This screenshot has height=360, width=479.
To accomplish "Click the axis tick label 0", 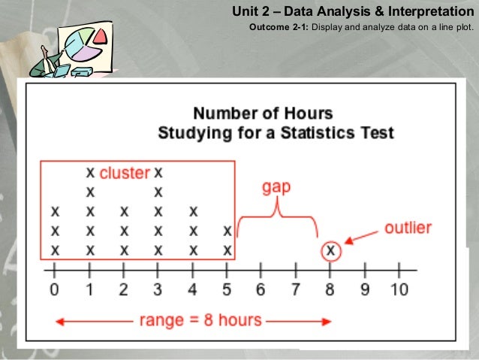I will [x=54, y=289].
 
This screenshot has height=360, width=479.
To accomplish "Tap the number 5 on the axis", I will [x=227, y=289].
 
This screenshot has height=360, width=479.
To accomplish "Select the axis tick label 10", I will [x=399, y=289].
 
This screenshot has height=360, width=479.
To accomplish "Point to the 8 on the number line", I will [x=330, y=289].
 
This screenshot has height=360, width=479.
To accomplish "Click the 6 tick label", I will [x=261, y=289].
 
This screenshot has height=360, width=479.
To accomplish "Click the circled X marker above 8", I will [x=330, y=249].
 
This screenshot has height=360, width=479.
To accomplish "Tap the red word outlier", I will [x=408, y=228].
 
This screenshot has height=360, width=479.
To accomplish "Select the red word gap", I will [x=276, y=187].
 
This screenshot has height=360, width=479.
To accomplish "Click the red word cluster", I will [x=125, y=173].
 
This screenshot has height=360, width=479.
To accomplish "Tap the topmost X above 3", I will [x=158, y=172].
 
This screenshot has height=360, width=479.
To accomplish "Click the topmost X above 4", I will [x=193, y=211].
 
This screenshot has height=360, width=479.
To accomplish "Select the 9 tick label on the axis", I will [x=365, y=289].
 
